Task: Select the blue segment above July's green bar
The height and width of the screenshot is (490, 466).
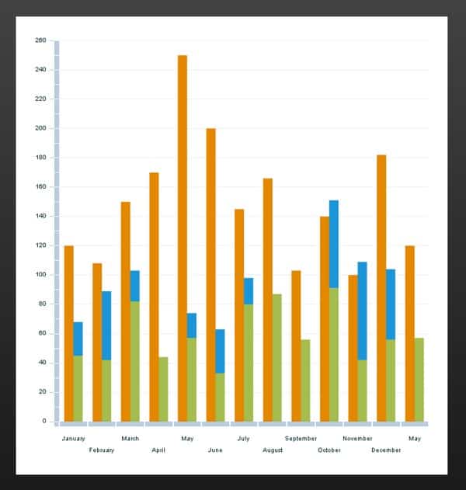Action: (249, 291)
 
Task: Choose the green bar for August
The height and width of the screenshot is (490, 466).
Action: (276, 357)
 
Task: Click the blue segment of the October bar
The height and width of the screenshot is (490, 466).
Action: (334, 244)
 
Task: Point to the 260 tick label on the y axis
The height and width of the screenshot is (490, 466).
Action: (41, 40)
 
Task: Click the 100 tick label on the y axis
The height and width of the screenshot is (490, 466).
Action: (41, 275)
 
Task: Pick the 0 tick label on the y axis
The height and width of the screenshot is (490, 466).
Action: (45, 422)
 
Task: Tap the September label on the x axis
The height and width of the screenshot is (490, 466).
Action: (301, 439)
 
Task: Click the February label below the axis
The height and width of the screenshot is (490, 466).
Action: (102, 450)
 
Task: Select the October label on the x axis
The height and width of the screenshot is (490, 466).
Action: (329, 450)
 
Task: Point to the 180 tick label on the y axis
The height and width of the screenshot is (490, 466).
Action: (41, 158)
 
